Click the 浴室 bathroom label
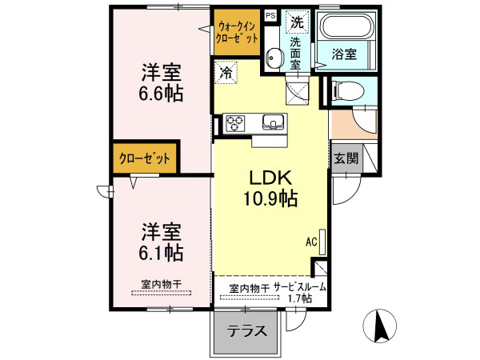point(345,54)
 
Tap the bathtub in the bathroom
point(346,27)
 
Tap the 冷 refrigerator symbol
point(226,73)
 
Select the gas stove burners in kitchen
point(236,123)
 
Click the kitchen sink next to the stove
point(273,123)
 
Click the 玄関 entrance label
point(346,158)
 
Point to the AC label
point(311,240)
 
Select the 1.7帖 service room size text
point(299,299)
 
